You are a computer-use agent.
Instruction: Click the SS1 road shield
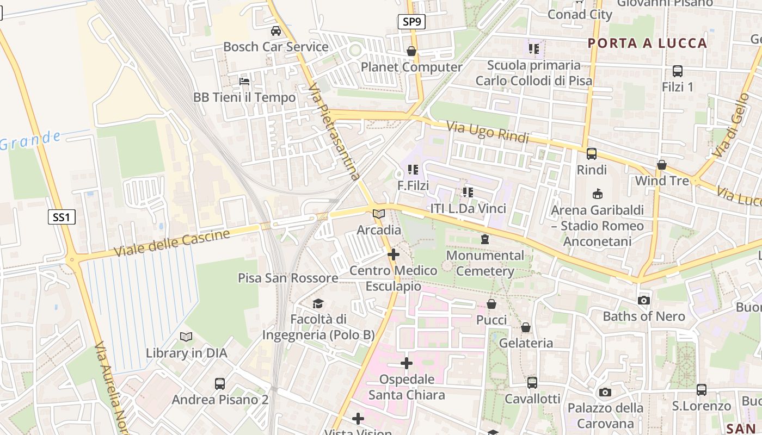click(61, 217)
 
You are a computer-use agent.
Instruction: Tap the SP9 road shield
click(411, 22)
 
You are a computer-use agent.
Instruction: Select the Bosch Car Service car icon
click(276, 31)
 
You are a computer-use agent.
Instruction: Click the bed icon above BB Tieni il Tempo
click(244, 82)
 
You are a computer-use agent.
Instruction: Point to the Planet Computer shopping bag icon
click(411, 51)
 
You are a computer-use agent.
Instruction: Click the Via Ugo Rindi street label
click(488, 132)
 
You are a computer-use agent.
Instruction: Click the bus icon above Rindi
click(592, 154)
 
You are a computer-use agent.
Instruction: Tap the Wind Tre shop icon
click(662, 165)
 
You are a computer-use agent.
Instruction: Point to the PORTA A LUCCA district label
click(648, 43)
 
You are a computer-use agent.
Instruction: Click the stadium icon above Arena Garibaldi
click(597, 194)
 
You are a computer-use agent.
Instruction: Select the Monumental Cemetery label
click(485, 263)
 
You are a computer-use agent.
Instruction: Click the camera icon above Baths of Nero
click(644, 300)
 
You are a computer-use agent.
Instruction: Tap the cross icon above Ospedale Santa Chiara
click(407, 363)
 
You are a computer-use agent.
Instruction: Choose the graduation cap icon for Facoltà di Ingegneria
click(318, 303)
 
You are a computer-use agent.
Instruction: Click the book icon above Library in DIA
click(186, 337)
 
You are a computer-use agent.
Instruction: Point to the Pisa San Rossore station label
click(288, 278)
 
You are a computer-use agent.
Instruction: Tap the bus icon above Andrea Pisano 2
click(220, 384)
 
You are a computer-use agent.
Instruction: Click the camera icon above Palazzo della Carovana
click(605, 392)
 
